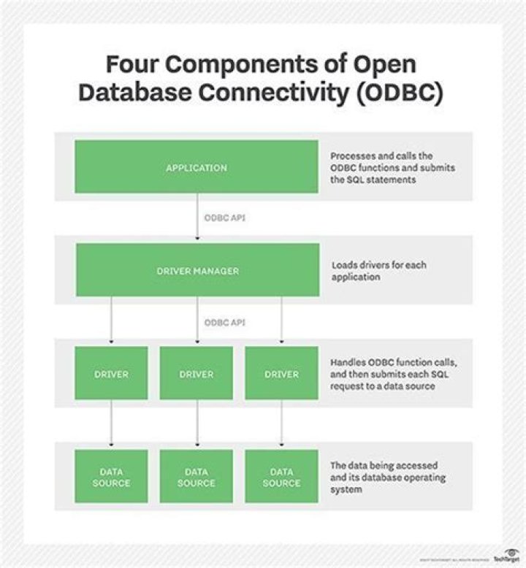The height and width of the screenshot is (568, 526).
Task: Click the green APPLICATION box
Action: (196, 167)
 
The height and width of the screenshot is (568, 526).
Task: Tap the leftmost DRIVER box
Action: (111, 374)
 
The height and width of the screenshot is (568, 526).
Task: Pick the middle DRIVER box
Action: (196, 374)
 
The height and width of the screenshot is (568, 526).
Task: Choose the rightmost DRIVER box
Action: (281, 374)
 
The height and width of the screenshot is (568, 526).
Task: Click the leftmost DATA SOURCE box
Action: (111, 477)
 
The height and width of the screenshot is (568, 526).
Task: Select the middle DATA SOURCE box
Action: (196, 477)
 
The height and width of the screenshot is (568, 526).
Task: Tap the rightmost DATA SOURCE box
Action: (281, 477)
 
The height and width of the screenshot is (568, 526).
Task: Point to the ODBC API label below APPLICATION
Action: (220, 217)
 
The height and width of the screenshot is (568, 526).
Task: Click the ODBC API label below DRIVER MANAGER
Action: (220, 321)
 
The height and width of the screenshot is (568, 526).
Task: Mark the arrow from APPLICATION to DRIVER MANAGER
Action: (197, 219)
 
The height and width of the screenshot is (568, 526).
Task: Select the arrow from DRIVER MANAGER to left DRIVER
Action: (111, 321)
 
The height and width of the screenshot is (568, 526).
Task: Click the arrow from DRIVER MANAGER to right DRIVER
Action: (281, 321)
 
